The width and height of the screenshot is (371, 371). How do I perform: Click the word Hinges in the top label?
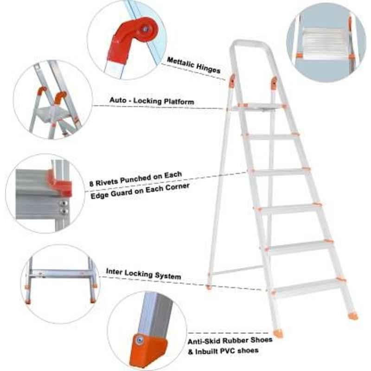tap(208, 68)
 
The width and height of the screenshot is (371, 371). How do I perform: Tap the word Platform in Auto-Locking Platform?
tap(179, 102)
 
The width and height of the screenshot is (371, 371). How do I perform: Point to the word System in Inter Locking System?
tap(168, 275)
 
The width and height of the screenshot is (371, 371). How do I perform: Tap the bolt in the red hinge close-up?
tap(145, 29)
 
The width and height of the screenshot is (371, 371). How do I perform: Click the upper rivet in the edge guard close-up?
tap(64, 203)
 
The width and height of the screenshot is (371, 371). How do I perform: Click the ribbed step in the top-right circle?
tap(323, 43)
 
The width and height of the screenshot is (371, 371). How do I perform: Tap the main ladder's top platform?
tap(258, 108)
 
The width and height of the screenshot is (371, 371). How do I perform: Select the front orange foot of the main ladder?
tap(278, 333)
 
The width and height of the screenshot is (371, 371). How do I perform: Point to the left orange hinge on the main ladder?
tap(232, 80)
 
